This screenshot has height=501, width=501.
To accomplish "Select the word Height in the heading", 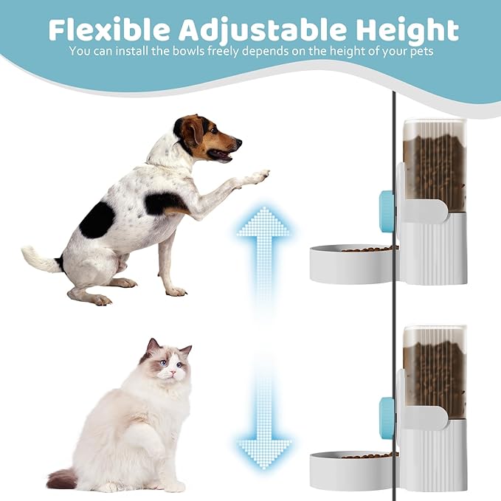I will [x=405, y=30].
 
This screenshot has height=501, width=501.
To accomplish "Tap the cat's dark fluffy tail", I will [x=62, y=479].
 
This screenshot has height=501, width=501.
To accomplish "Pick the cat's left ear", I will [x=152, y=345].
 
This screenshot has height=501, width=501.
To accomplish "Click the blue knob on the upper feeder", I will [x=386, y=209].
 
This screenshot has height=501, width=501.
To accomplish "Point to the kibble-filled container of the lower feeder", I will [x=435, y=373].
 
